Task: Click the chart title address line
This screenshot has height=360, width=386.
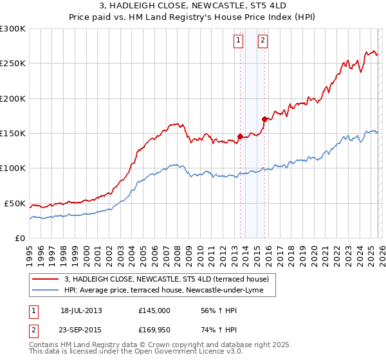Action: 192,7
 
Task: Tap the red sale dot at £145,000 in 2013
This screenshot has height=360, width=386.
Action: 240,136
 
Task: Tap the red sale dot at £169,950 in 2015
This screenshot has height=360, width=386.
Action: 264,119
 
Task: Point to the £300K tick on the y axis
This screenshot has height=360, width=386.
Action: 13,29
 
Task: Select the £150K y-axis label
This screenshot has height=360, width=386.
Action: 13,134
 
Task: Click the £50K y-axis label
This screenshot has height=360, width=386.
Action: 15,203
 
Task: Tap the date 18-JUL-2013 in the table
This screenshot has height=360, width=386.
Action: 81,310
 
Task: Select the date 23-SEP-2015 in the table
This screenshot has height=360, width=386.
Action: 81,330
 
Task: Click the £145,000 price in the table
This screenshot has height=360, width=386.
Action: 154,310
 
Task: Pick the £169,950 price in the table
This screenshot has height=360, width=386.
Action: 154,330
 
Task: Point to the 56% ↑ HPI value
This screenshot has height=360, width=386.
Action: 212,310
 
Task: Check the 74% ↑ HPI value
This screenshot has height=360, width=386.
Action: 212,330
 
